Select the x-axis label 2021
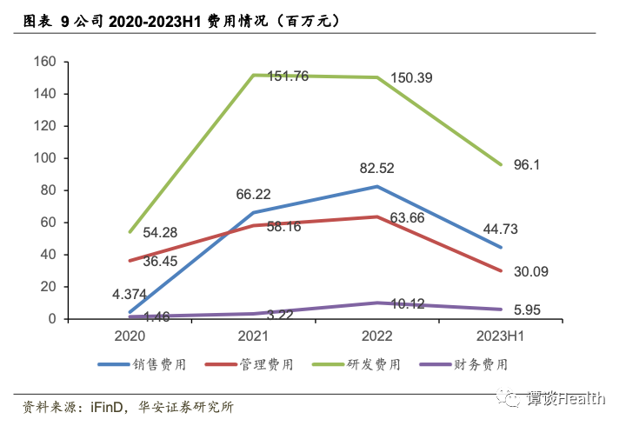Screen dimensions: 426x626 [252, 335]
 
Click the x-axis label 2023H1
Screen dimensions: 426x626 [500, 335]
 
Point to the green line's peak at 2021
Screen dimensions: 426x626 [253, 75]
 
